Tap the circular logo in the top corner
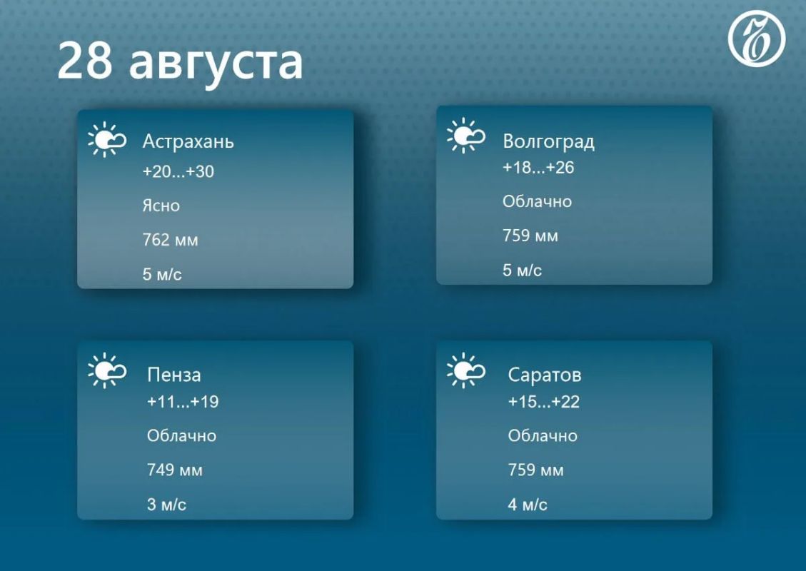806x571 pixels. (756, 39)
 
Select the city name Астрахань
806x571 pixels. (188, 141)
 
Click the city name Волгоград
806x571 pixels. (548, 141)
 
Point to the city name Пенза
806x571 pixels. (173, 375)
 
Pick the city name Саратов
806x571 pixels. (545, 375)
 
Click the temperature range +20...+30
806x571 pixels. (178, 171)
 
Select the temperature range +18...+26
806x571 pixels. (538, 168)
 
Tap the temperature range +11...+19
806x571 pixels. (183, 401)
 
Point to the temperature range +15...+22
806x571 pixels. (543, 401)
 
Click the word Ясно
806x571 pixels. (161, 206)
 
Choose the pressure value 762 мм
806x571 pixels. (170, 240)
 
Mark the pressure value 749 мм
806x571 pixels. (175, 470)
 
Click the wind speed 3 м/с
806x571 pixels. (166, 504)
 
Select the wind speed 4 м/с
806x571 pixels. (528, 504)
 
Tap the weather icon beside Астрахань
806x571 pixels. (107, 139)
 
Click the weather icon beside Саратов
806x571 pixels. (465, 370)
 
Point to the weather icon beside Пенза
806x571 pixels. (107, 370)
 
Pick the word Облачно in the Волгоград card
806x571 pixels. (537, 201)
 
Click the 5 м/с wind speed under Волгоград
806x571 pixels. (523, 270)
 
